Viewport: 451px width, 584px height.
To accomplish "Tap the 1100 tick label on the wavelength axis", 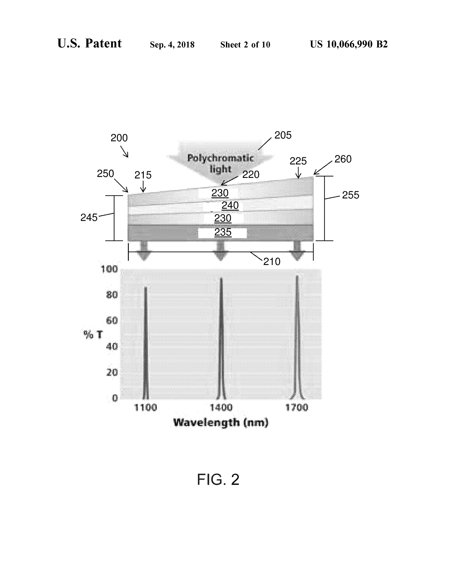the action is pos(145,408).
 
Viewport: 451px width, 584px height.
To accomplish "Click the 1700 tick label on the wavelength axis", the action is pos(297,408).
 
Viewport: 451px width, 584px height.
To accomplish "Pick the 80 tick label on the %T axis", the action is pos(112,295).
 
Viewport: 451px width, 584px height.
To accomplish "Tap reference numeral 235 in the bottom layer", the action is pos(223,232).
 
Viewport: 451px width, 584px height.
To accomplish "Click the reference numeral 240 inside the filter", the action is pos(230,205).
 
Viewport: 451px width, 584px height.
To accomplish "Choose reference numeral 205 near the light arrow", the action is pos(283,135).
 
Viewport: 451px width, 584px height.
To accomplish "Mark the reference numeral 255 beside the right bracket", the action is pos(351,195).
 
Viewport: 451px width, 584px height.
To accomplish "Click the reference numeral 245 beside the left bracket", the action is pos(89,218).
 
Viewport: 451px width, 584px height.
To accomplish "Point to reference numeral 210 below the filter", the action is pos(272,262).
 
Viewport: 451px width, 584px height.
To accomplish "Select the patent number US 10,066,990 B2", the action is pos(349,44).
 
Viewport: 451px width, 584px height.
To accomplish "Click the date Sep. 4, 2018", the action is pos(172,45).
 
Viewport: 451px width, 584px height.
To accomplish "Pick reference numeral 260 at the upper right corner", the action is pos(343,159).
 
